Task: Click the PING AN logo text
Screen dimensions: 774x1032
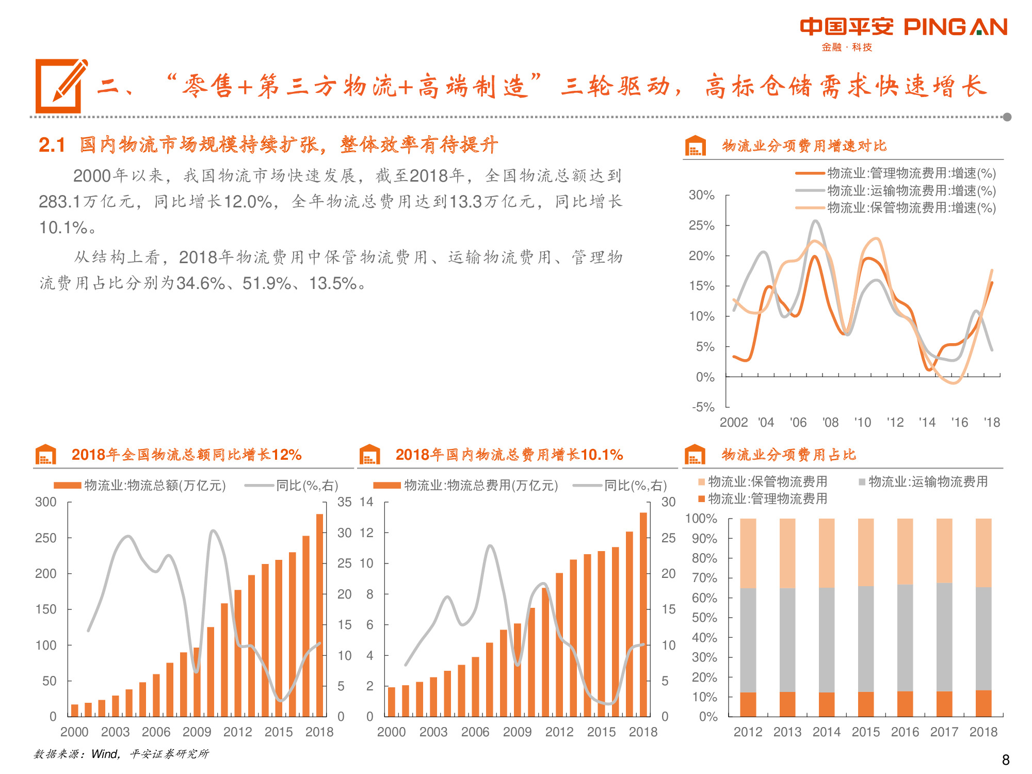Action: tap(955, 27)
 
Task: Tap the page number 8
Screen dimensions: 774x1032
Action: tap(1005, 760)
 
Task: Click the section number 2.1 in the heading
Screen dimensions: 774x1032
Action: tap(52, 145)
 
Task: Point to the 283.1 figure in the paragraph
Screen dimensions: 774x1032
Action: tap(60, 201)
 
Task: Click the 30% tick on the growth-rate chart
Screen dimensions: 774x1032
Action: tap(701, 195)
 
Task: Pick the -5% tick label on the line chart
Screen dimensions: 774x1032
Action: tap(703, 407)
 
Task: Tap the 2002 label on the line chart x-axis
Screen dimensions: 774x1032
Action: tap(733, 422)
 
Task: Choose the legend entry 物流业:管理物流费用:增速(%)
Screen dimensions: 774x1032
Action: tap(911, 173)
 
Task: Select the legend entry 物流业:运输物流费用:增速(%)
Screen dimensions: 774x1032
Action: tap(911, 190)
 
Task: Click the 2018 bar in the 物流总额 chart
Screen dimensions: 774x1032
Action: tap(319, 615)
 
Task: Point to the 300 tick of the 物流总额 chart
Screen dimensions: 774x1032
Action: tap(46, 502)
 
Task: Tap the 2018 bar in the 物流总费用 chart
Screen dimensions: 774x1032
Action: tap(643, 614)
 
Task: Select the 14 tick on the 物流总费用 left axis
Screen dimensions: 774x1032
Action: tap(366, 502)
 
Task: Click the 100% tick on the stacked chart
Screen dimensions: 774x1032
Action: tap(701, 518)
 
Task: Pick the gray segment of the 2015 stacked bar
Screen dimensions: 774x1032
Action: tap(866, 639)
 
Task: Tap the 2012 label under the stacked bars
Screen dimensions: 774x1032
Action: tap(748, 732)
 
